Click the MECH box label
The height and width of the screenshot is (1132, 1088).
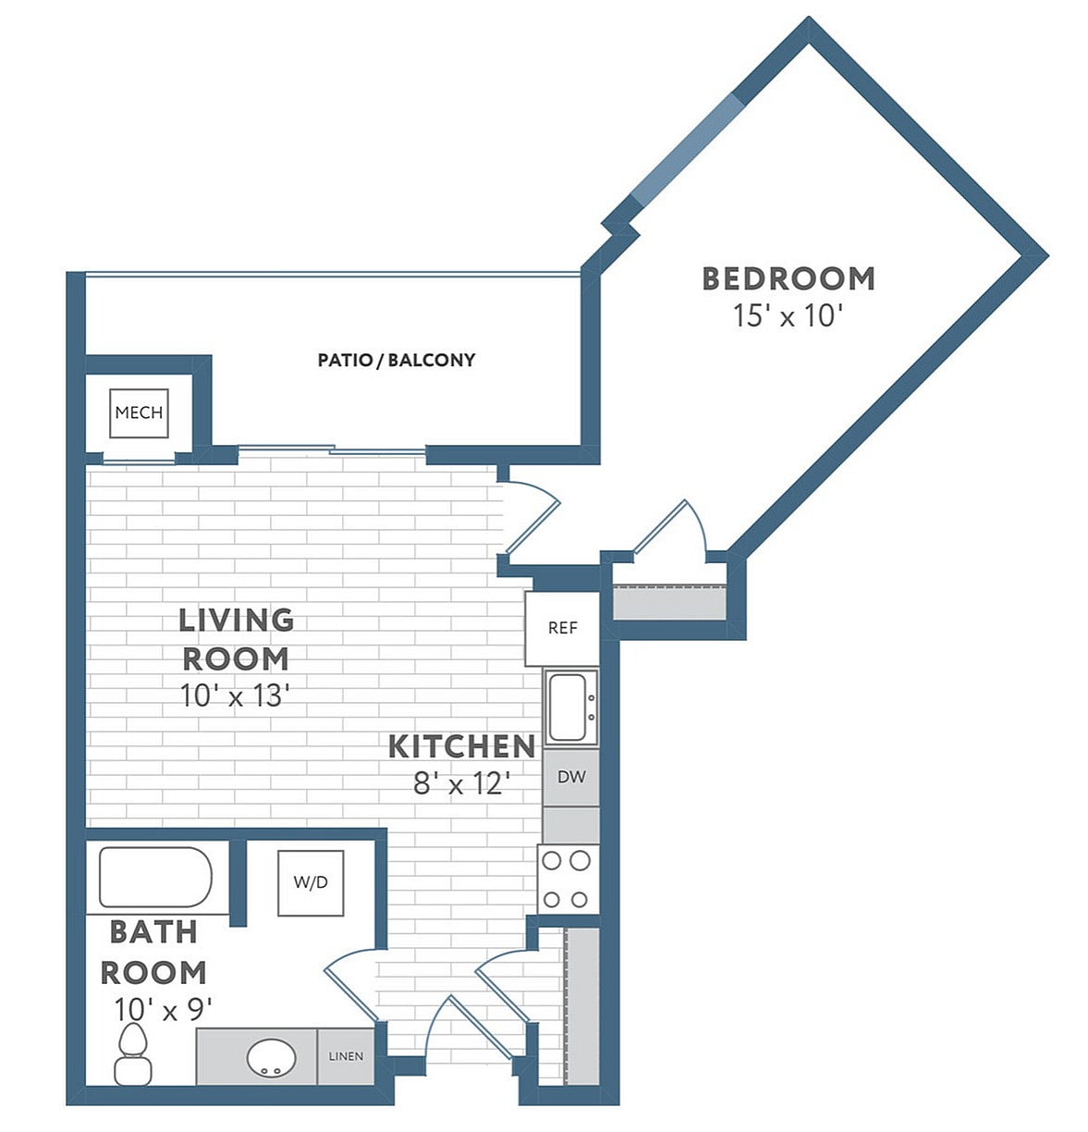click(x=139, y=412)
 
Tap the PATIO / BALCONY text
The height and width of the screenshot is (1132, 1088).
click(x=396, y=360)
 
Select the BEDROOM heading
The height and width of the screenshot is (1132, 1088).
click(x=788, y=277)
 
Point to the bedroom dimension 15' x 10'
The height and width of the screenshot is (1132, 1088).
click(x=788, y=315)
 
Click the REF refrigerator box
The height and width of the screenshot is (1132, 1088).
click(x=562, y=628)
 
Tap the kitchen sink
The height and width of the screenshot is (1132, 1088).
click(x=569, y=707)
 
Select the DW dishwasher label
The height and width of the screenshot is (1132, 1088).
click(x=571, y=777)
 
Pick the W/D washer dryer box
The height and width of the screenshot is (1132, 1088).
click(x=311, y=882)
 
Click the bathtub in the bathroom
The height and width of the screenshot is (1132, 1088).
click(x=155, y=877)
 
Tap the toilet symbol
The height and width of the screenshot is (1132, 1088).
click(x=133, y=1056)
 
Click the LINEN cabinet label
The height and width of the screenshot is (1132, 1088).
click(x=346, y=1056)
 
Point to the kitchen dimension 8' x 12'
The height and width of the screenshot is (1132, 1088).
click(x=461, y=784)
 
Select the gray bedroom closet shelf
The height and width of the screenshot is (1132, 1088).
click(x=669, y=603)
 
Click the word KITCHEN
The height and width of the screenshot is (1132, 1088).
click(x=461, y=745)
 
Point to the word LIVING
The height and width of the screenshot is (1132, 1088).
click(x=236, y=620)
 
